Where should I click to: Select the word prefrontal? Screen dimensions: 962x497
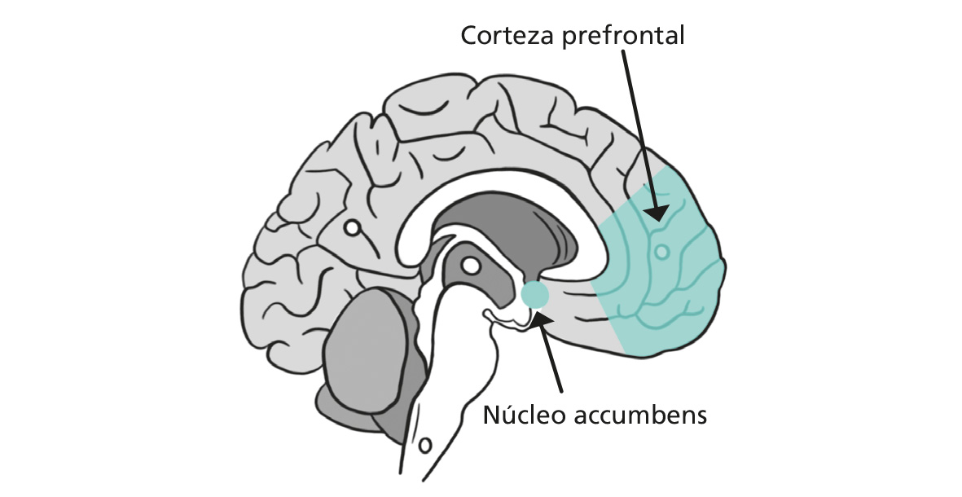coord(622,37)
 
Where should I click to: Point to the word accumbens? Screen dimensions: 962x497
coord(640,416)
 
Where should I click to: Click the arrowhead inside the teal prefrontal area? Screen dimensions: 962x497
coord(656,212)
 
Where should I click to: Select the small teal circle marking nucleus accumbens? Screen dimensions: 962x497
coord(534,294)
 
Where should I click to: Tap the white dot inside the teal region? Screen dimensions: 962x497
coord(661,252)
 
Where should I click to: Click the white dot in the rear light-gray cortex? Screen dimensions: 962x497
coord(352,228)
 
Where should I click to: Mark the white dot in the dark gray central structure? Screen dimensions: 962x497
coord(471,266)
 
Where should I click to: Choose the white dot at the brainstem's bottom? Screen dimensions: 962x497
coord(424,445)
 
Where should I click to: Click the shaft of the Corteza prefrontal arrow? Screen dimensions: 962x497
coord(638,128)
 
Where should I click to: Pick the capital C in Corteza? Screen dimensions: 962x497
coord(469,36)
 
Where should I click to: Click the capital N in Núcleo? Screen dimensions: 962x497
coord(491,415)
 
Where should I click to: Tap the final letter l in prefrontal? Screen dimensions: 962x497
coord(682,35)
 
